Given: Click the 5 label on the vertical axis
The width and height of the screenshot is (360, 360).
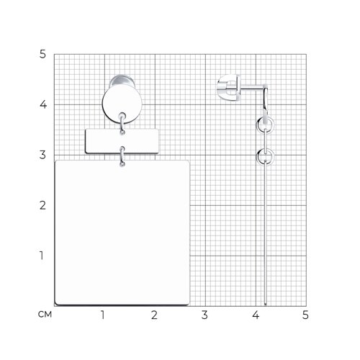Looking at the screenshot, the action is pyautogui.click(x=42, y=55).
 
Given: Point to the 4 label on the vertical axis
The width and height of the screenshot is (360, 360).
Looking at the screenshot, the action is pyautogui.click(x=43, y=104).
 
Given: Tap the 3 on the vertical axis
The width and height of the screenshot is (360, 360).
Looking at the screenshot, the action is pyautogui.click(x=42, y=155).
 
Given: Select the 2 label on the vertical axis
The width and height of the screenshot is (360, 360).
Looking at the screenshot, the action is pyautogui.click(x=42, y=205).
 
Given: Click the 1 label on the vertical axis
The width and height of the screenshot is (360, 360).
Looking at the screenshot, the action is pyautogui.click(x=42, y=256).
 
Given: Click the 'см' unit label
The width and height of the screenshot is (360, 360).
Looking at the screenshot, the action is pyautogui.click(x=45, y=315).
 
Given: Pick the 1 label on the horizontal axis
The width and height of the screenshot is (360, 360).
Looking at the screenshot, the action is pyautogui.click(x=103, y=315).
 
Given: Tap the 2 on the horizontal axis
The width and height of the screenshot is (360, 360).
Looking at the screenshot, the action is pyautogui.click(x=154, y=315).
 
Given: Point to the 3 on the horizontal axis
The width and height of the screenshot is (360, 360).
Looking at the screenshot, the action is pyautogui.click(x=204, y=315).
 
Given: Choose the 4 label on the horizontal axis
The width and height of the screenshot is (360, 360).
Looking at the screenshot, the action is pyautogui.click(x=256, y=315).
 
